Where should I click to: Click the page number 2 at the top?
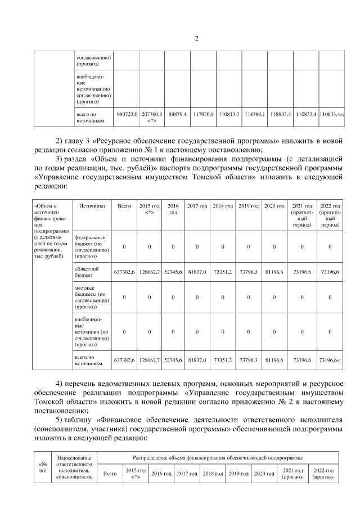pos(197,38)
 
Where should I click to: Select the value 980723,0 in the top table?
pos(127,114)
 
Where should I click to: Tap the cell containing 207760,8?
pos(152,114)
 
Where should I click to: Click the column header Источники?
pos(92,206)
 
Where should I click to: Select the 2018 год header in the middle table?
pos(223,206)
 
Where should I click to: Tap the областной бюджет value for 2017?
pos(197,272)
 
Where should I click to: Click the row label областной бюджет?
pos(87,272)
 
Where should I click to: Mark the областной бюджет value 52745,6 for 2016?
pos(173,272)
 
